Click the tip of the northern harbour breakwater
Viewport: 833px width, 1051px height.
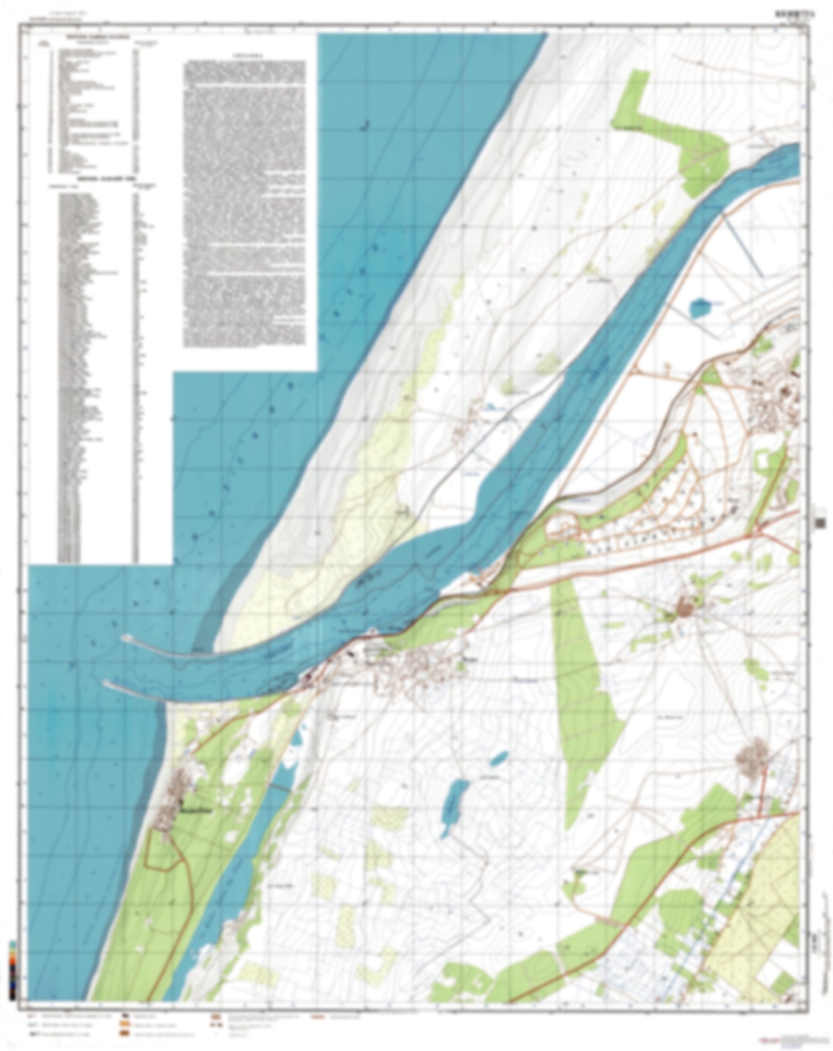coord(126,638)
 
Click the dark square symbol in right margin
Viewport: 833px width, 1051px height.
coord(820,522)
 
